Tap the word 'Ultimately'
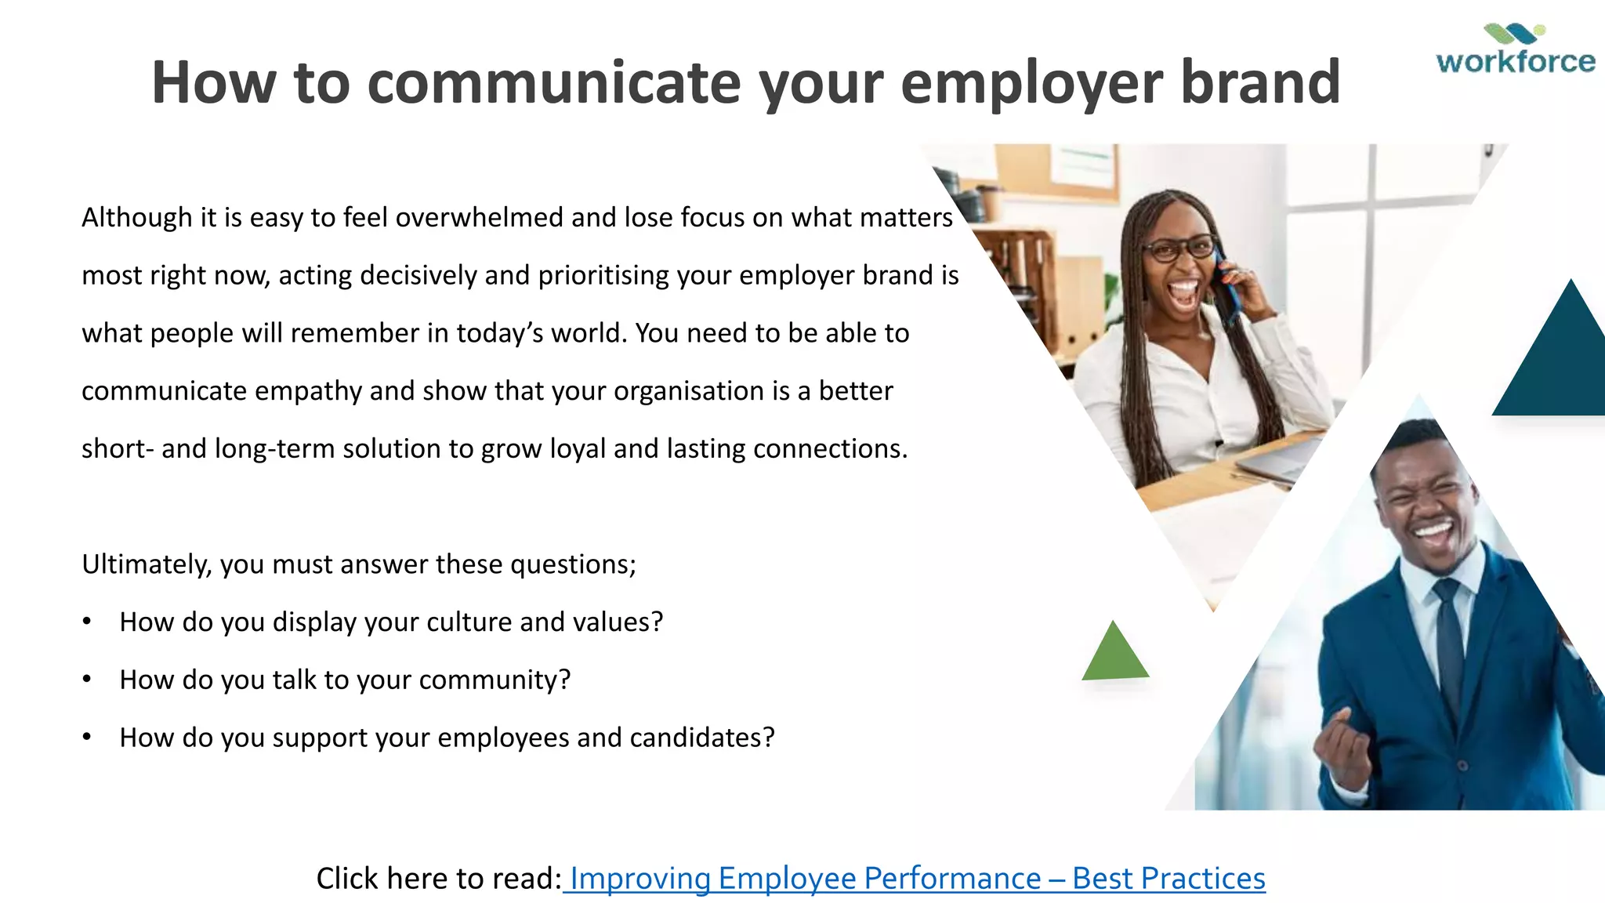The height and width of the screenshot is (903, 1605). pos(145,564)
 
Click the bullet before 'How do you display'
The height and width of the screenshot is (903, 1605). pos(87,622)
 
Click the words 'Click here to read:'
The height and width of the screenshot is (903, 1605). pos(438,879)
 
